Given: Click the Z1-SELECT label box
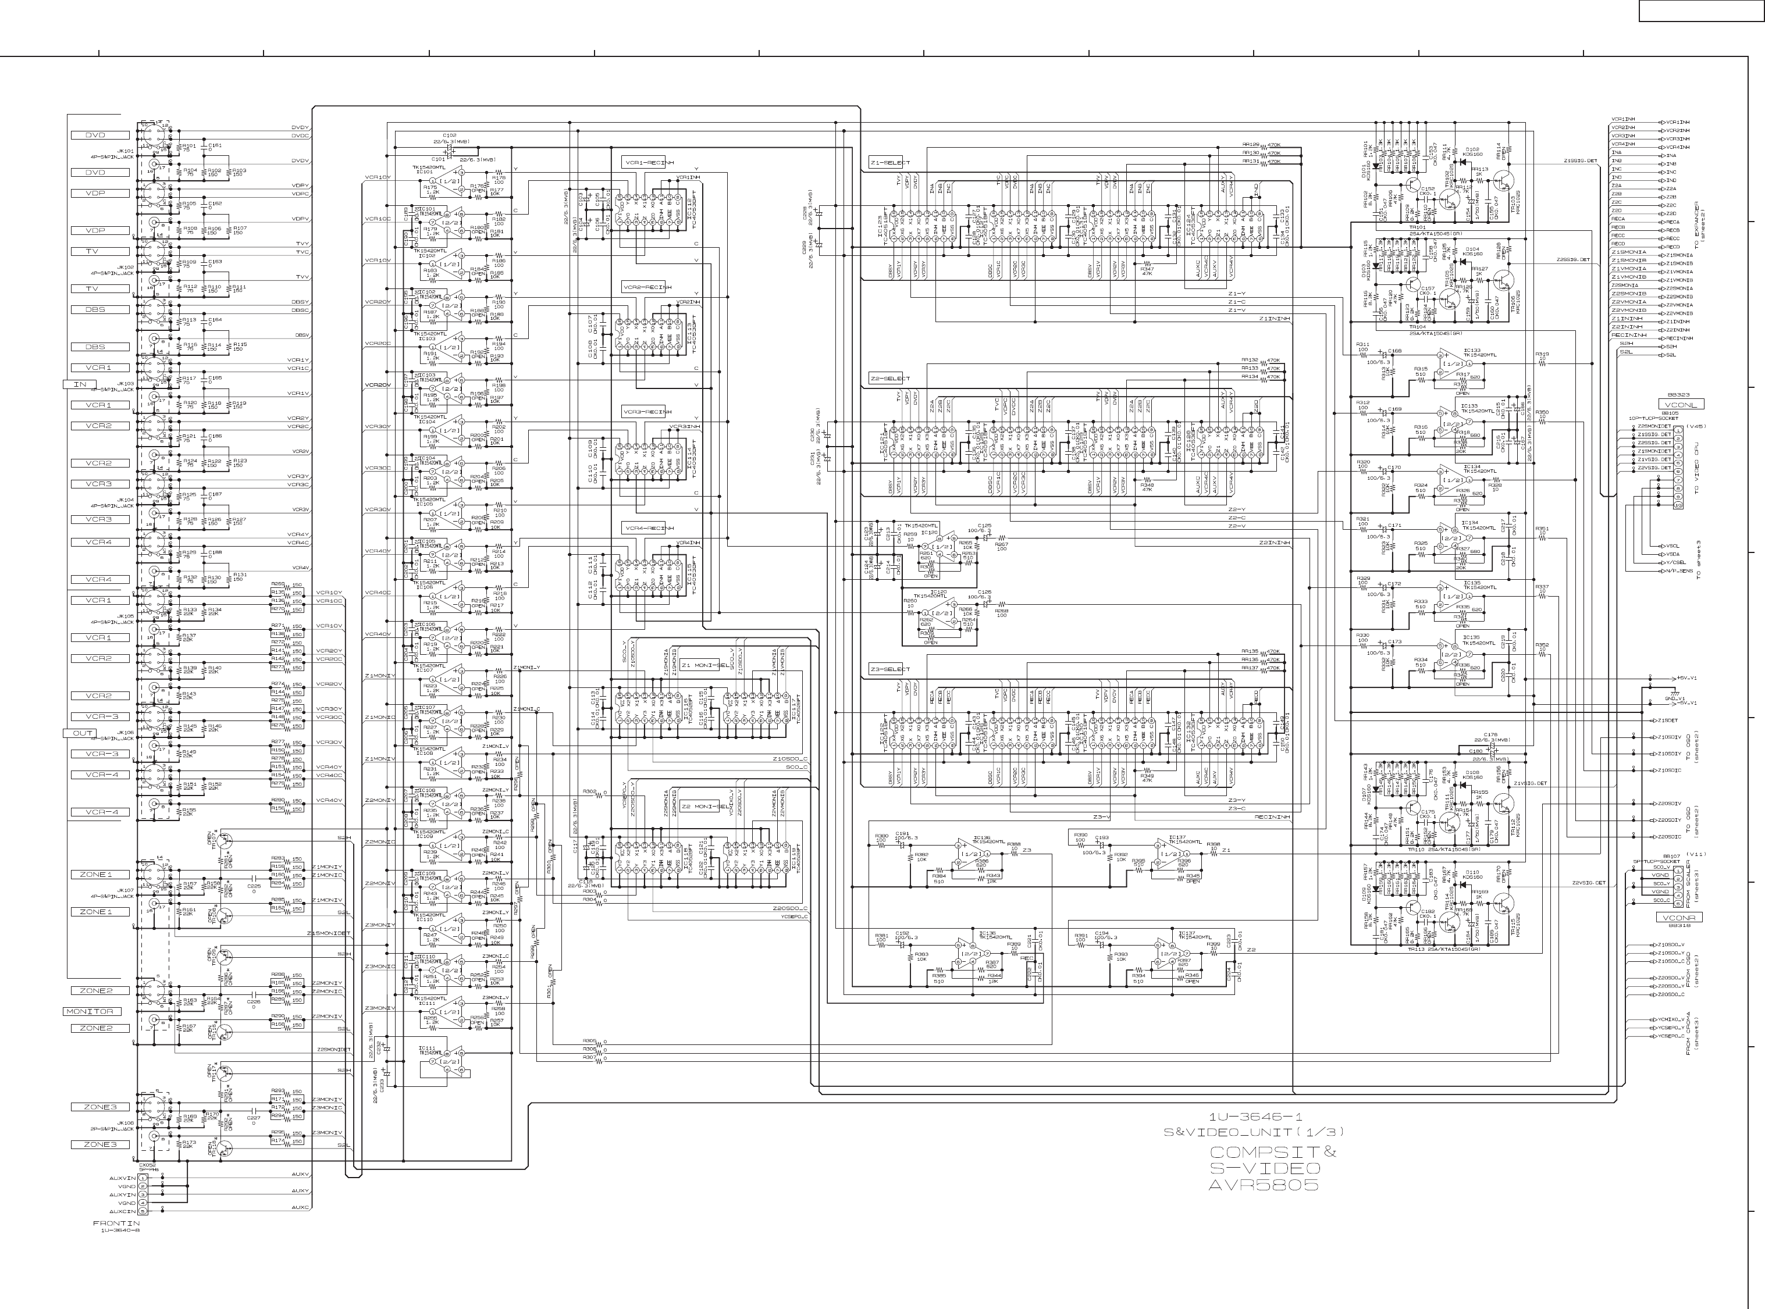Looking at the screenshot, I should pyautogui.click(x=890, y=162).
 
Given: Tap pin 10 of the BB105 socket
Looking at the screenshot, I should pyautogui.click(x=1678, y=505).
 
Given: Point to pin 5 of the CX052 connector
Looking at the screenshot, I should pyautogui.click(x=143, y=1211).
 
